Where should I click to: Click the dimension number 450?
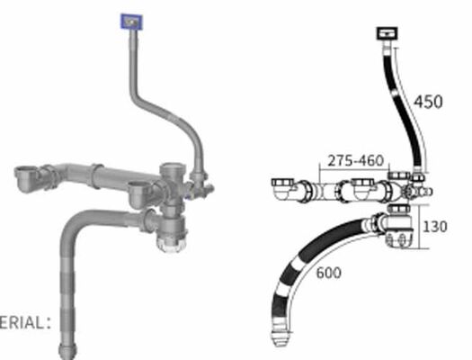429,102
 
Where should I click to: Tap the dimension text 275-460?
355,160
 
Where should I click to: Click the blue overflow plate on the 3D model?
132,21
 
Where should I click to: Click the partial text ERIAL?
25,319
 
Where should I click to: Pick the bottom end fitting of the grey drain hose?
67,346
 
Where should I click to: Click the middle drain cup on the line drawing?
364,187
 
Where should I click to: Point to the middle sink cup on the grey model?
138,189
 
